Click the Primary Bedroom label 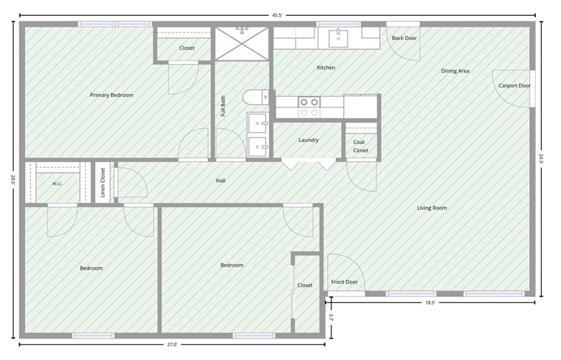111,95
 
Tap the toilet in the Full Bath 255,96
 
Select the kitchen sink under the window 338,38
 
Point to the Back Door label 404,38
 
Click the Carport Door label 514,85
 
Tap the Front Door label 344,282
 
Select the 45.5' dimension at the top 277,15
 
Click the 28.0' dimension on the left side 13,179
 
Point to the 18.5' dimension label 430,303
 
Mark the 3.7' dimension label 331,318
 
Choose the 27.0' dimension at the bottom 172,345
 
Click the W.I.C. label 57,184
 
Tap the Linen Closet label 103,182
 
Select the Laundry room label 308,140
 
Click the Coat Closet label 360,146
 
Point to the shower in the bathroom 242,44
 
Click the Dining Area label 455,71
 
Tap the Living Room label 432,208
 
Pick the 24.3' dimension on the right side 541,158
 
